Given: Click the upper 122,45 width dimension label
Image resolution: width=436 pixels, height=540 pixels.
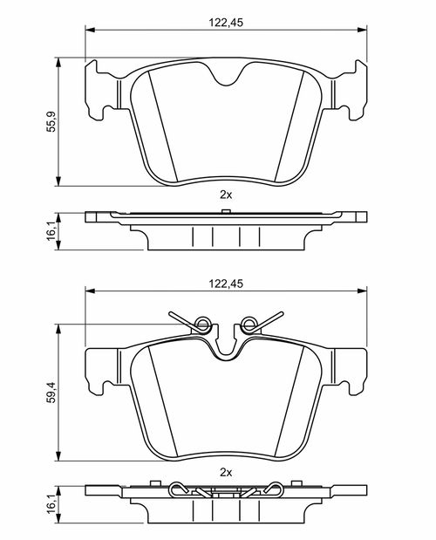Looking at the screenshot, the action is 226,23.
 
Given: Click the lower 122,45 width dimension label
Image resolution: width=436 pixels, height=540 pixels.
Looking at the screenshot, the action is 226,284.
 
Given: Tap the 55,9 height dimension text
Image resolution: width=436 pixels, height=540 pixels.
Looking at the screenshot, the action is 51,122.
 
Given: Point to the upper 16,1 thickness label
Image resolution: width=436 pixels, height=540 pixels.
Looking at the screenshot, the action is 51,231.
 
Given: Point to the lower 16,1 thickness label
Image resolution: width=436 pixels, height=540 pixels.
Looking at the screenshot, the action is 51,505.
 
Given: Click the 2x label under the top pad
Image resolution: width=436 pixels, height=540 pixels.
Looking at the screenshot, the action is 226,195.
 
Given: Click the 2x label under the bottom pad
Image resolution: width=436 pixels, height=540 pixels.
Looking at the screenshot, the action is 226,473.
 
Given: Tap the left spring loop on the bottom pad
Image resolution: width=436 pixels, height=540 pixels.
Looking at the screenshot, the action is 202,324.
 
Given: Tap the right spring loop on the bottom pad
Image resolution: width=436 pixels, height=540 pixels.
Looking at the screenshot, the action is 249,324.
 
